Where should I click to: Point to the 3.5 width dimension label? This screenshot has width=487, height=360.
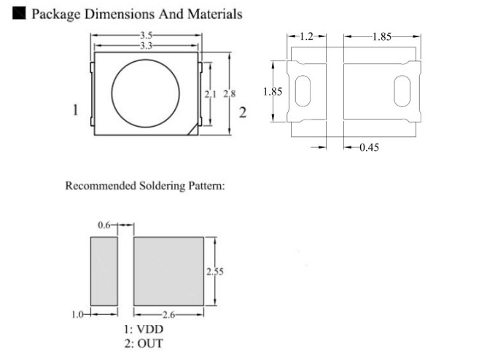[147, 35]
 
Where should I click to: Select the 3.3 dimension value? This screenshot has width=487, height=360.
[146, 44]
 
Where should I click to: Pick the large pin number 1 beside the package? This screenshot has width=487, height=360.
[76, 111]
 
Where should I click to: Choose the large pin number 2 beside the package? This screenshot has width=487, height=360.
[243, 113]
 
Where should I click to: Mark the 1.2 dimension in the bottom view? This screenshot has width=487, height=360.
[307, 36]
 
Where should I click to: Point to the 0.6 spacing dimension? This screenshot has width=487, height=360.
[105, 225]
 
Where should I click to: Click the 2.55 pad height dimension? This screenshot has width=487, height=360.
[213, 271]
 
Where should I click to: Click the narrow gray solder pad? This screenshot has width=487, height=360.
[104, 270]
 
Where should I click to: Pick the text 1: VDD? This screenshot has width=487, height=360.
[143, 329]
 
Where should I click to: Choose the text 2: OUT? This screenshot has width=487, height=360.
[144, 343]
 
